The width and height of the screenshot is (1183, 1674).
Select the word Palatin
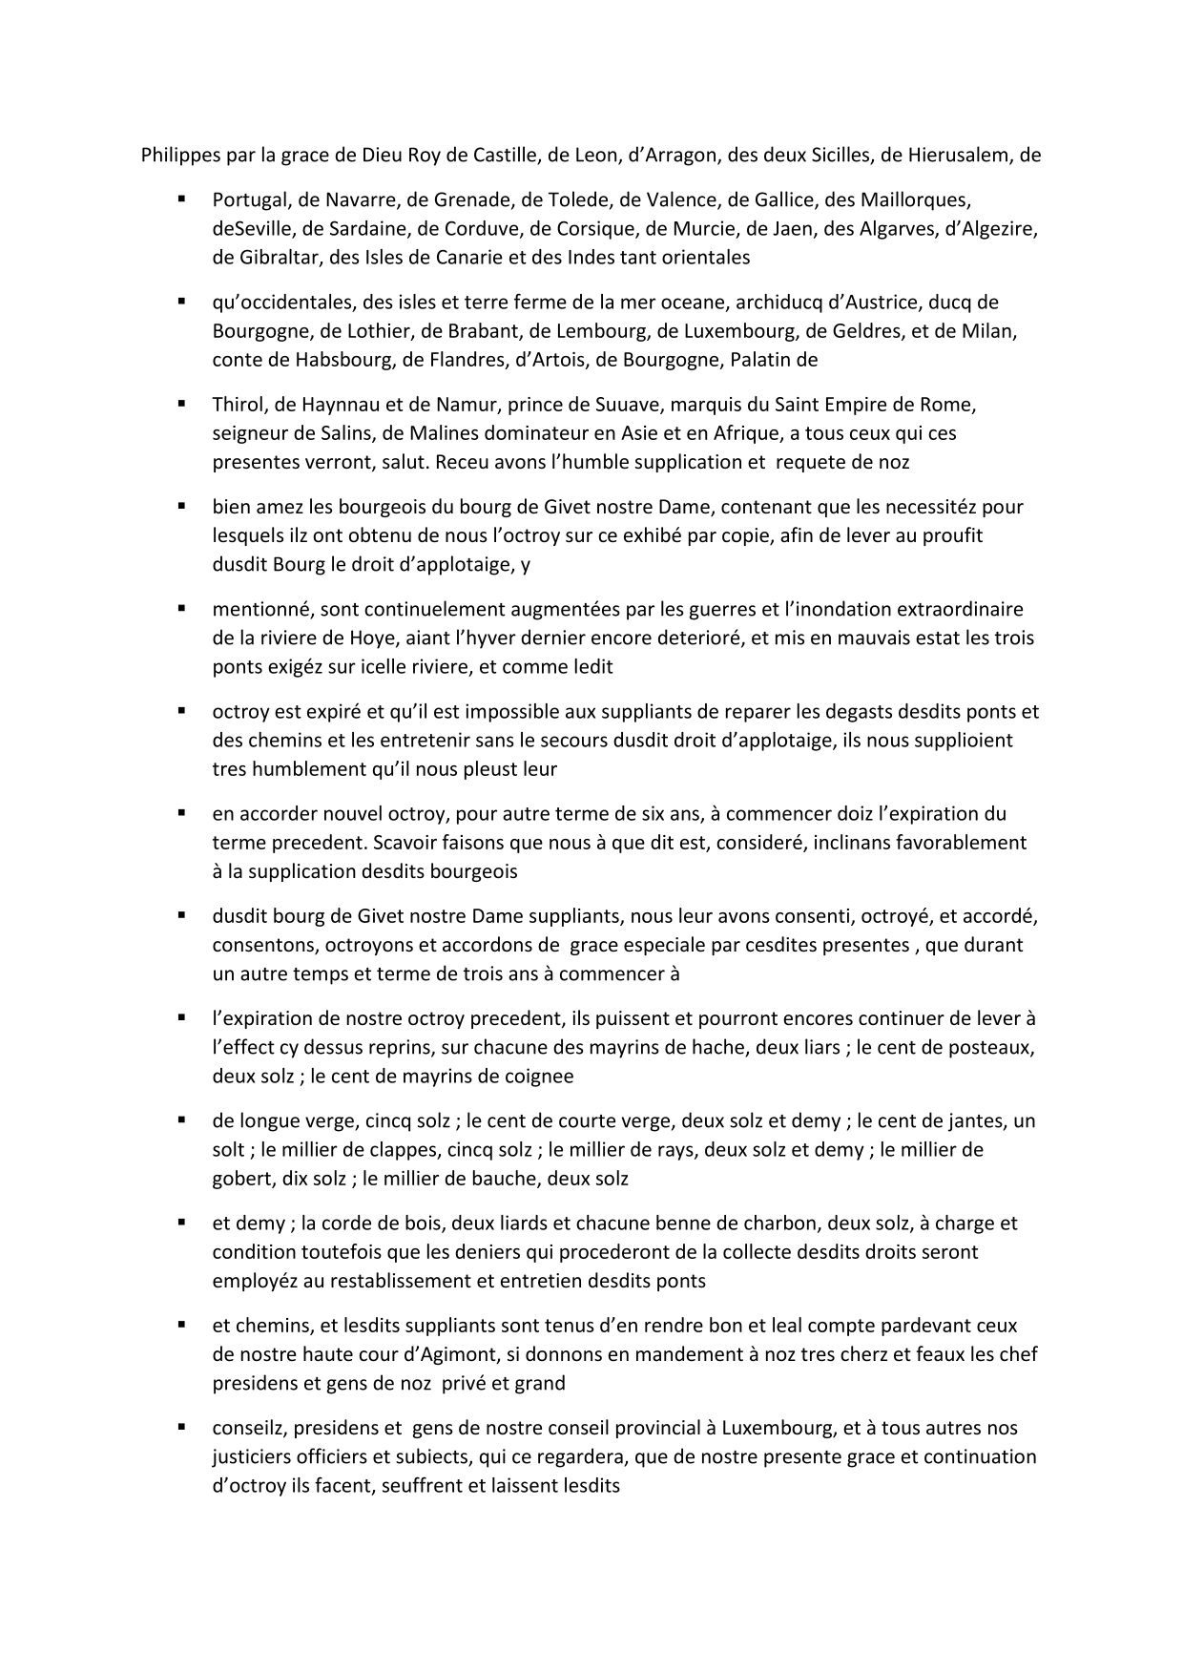point(762,360)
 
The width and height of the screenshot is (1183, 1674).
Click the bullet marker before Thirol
point(179,404)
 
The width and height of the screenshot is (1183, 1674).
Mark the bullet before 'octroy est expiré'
point(179,711)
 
